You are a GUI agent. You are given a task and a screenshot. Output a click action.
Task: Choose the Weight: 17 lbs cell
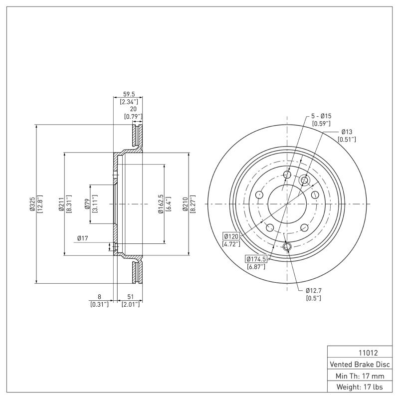(359, 387)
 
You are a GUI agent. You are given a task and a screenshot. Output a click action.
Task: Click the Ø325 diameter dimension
(32, 204)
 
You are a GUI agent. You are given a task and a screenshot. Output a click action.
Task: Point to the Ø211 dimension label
(61, 204)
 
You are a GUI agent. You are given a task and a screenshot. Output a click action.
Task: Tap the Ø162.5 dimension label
(161, 204)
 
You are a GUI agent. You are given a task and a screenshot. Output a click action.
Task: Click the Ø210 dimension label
(185, 204)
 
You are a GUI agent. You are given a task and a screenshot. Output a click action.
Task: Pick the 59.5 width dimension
(129, 94)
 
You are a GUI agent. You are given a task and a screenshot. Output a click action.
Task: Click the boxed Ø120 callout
(231, 236)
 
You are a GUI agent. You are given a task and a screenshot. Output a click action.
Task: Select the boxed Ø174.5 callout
(256, 259)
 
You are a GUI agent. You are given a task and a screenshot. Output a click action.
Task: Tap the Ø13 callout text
(347, 132)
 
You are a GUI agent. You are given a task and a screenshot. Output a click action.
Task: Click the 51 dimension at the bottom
(131, 297)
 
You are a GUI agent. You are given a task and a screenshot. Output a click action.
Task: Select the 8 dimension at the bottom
(99, 297)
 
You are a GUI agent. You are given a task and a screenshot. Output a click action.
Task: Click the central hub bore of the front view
(287, 203)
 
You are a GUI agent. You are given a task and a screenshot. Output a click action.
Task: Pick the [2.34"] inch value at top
(129, 101)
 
